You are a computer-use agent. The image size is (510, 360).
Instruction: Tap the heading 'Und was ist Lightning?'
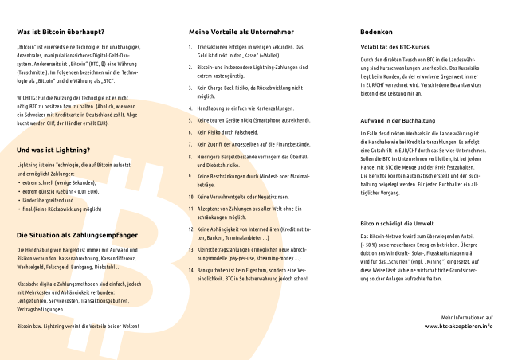[53, 150]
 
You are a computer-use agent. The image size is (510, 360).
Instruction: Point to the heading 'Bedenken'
[376, 33]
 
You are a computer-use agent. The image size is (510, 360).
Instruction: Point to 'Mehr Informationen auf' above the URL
[466, 317]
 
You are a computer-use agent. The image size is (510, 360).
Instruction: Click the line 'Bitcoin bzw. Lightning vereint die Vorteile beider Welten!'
[78, 327]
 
